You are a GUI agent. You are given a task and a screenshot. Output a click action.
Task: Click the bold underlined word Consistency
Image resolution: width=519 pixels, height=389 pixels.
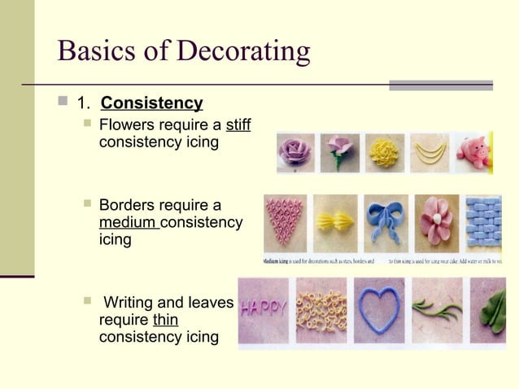(151, 103)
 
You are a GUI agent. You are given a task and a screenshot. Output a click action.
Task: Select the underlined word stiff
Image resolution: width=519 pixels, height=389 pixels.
(238, 125)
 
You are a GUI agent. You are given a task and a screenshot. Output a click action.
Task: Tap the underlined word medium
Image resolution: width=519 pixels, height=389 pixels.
(128, 222)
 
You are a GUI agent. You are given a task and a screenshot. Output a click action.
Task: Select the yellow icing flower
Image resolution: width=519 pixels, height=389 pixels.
(385, 151)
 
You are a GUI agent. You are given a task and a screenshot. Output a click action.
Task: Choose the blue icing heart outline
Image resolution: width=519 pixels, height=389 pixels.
(384, 311)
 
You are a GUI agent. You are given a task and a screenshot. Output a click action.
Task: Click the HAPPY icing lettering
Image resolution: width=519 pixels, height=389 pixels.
(264, 308)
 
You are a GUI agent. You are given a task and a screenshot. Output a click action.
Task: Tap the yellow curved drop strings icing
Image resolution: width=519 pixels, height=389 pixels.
(430, 151)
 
